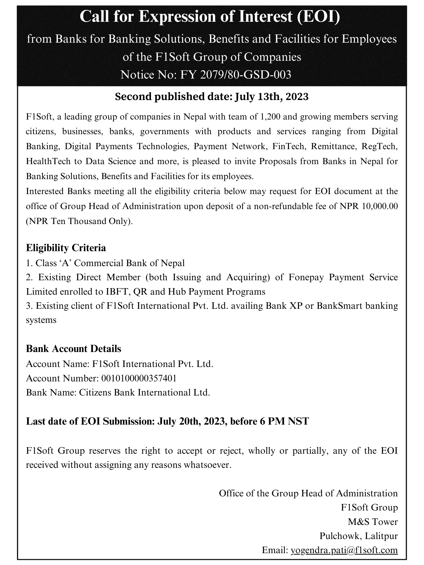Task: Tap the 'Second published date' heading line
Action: click(x=212, y=97)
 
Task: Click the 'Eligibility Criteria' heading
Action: click(x=66, y=248)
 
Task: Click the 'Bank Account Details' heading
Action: click(x=73, y=349)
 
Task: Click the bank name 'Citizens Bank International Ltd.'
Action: click(x=144, y=392)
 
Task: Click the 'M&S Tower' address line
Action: click(x=373, y=521)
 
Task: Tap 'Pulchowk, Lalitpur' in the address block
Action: click(x=358, y=536)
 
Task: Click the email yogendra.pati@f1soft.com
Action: click(x=344, y=550)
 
